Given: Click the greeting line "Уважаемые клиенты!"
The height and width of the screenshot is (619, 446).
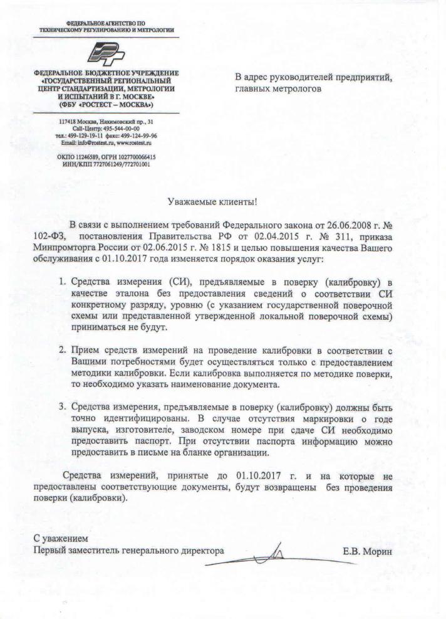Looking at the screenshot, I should (213, 202).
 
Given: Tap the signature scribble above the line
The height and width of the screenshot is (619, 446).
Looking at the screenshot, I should (276, 552).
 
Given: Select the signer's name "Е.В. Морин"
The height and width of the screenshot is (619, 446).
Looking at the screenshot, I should (366, 552).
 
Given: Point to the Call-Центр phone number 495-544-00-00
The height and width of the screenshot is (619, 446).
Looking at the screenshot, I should (118, 128).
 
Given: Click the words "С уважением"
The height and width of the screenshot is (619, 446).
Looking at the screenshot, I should (61, 539).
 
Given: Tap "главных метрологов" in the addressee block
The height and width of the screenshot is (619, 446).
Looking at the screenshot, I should (279, 89).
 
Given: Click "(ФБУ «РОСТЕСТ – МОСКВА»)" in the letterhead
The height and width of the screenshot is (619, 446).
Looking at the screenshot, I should (106, 104).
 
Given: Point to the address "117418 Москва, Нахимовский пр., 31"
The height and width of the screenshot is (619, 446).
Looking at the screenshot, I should (106, 121).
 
